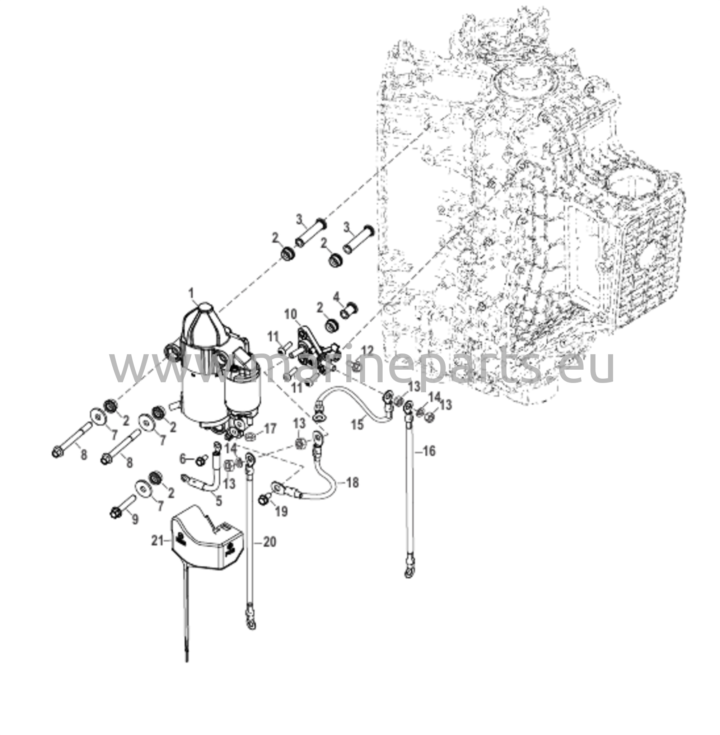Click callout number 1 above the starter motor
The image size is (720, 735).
click(191, 292)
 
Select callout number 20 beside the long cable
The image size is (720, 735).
click(270, 542)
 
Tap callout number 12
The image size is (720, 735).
click(368, 351)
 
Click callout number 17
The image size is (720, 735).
click(270, 429)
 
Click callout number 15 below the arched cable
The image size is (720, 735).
click(357, 424)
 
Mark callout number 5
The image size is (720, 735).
click(219, 501)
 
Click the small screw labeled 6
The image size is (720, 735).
click(200, 460)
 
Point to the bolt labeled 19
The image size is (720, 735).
click(263, 500)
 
